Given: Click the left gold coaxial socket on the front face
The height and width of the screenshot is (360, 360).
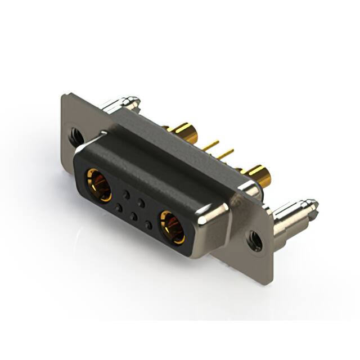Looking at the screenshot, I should click(x=97, y=184).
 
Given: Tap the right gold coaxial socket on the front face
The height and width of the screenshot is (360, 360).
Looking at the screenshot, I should click(x=172, y=226).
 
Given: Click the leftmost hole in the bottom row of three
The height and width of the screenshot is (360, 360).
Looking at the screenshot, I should click(x=119, y=208).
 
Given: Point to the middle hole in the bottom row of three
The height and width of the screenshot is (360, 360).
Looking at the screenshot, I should click(x=133, y=217).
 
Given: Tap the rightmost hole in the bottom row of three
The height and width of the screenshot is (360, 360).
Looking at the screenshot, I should click(x=148, y=225).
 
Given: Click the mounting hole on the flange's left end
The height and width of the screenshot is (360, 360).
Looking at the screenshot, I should click(x=76, y=135).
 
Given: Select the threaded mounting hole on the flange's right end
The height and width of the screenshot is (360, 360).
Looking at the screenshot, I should click(x=255, y=241).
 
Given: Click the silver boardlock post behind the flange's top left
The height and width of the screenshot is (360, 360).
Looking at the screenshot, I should click(x=121, y=104).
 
